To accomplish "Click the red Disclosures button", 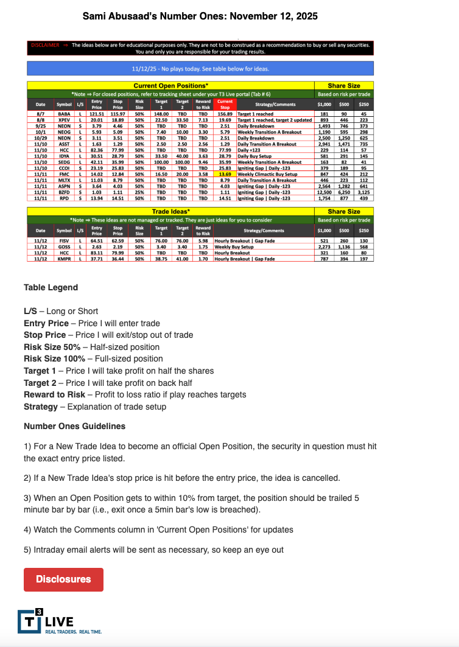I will tap(63, 579).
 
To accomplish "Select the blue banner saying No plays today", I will tap(200, 69).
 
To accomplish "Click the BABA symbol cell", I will tap(64, 114).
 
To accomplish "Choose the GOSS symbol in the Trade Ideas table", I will tap(64, 248).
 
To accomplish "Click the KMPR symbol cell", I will tap(64, 259).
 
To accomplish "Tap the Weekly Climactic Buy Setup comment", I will tap(267, 174).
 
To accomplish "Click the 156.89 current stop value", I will tap(225, 114).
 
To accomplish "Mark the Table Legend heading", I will tap(51, 287).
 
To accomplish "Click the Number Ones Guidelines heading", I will tap(75, 425).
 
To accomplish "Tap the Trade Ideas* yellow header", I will tap(170, 211).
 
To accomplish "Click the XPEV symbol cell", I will tap(64, 120).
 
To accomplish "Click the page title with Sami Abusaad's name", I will tap(200, 16).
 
